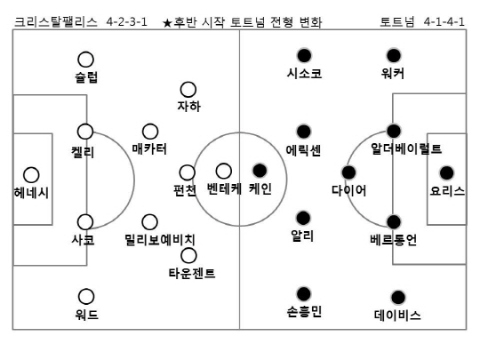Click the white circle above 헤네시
[x=31, y=175]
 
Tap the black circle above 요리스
[x=446, y=173]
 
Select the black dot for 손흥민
[x=304, y=294]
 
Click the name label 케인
[x=260, y=188]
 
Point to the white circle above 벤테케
[x=224, y=171]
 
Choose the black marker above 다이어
[x=348, y=172]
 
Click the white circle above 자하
[x=188, y=90]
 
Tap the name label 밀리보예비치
[x=160, y=239]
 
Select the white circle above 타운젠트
[x=188, y=256]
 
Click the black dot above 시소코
[x=304, y=55]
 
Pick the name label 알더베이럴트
[x=406, y=148]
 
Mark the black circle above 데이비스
[x=398, y=297]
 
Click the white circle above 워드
[x=86, y=296]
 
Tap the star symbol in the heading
[x=167, y=22]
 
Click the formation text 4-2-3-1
[x=127, y=22]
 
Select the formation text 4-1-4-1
[x=444, y=22]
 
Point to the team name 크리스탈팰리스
[x=56, y=22]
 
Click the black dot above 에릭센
[x=304, y=132]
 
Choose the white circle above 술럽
[x=85, y=60]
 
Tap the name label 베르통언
[x=394, y=240]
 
